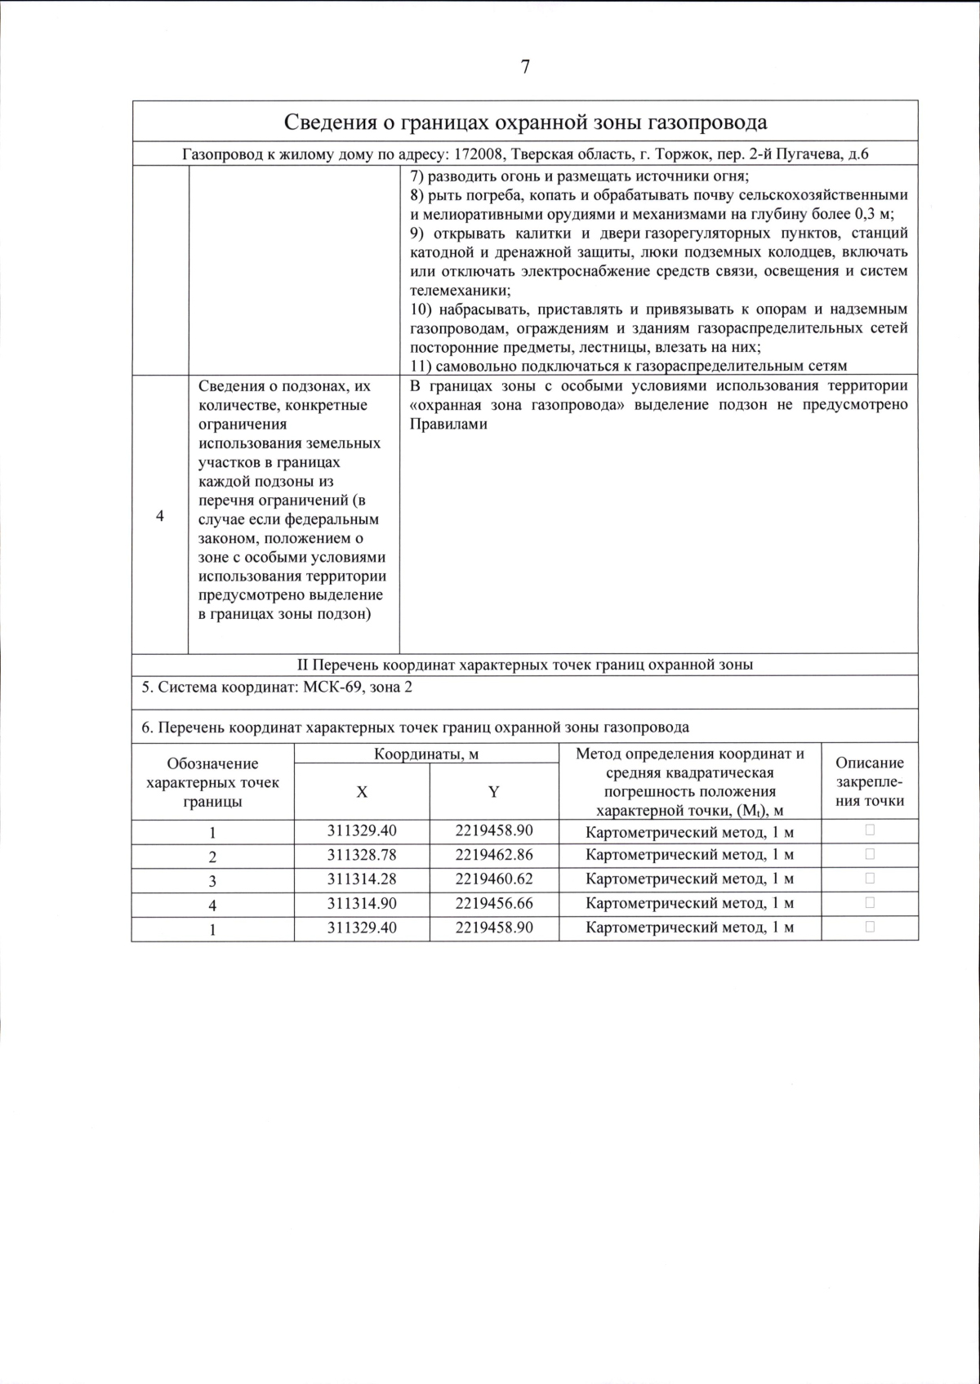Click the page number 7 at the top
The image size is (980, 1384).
(525, 68)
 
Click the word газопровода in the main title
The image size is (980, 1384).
(708, 122)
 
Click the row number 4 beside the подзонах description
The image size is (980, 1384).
(159, 516)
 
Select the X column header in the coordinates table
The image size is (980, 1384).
(362, 792)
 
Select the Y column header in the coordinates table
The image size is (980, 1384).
(493, 792)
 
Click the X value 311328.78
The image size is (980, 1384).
(362, 855)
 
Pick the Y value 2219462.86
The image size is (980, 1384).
(493, 855)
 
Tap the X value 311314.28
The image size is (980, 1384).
(362, 879)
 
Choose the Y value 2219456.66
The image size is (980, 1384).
(493, 903)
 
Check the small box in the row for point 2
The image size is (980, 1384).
(869, 854)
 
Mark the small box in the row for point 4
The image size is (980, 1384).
(869, 902)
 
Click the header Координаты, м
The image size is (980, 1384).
(426, 754)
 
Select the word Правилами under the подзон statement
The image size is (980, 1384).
(448, 425)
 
